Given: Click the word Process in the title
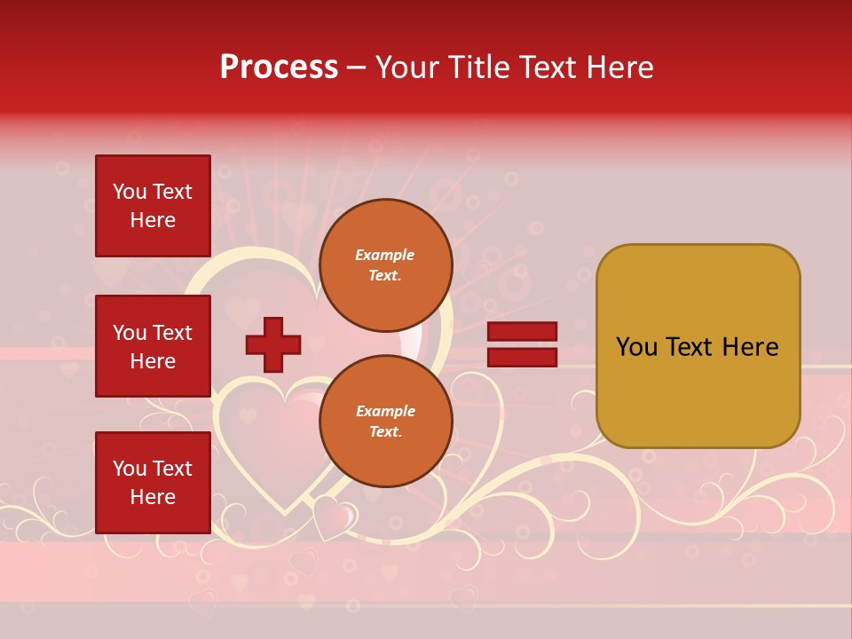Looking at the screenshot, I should [x=279, y=67].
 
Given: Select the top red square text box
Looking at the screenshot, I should [x=153, y=206].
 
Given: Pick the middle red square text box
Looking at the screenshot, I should [x=153, y=346].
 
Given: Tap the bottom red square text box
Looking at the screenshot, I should [x=153, y=483].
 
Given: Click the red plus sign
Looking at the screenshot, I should [x=273, y=344].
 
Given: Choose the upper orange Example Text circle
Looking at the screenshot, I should [x=385, y=265].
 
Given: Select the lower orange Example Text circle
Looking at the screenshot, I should [x=385, y=422].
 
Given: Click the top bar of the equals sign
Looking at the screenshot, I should [x=522, y=332].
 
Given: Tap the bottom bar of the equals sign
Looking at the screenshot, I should [x=522, y=357].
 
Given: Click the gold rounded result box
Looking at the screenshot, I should [x=698, y=346].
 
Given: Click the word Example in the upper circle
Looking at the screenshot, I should [x=385, y=256].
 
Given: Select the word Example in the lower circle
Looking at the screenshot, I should [x=385, y=412].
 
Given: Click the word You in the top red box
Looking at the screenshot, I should [x=130, y=192].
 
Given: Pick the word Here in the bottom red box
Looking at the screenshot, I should [x=153, y=498].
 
